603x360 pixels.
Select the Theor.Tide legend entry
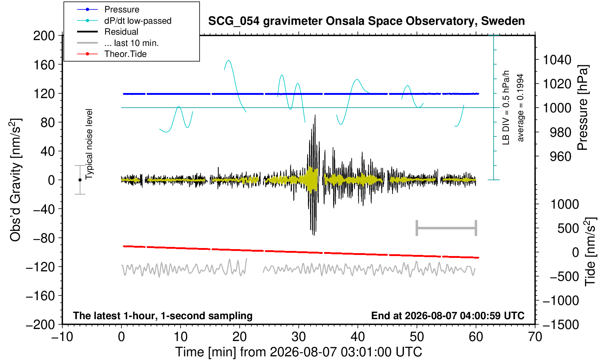[112, 54]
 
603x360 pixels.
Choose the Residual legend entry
[108, 32]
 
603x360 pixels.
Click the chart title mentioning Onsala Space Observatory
[366, 21]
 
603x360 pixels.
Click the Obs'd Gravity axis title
[15, 180]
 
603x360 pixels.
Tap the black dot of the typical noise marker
[80, 180]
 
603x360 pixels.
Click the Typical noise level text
[89, 144]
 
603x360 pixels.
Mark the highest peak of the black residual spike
[315, 115]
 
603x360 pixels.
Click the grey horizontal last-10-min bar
[447, 228]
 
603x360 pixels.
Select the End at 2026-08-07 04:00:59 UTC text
[448, 316]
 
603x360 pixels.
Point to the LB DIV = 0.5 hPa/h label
[506, 108]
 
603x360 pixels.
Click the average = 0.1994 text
[521, 108]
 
